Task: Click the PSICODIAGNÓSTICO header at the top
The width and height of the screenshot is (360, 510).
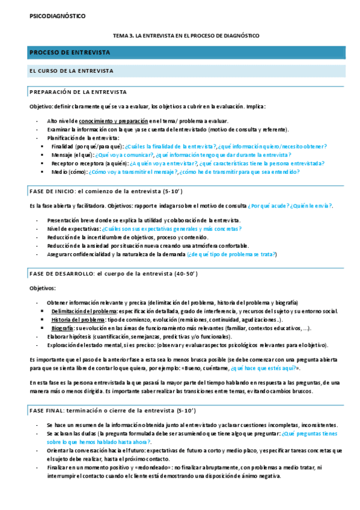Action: point(57,16)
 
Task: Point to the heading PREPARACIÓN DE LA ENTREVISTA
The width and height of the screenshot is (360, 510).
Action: point(78,92)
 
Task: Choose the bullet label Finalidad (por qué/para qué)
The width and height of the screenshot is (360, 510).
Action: point(87,146)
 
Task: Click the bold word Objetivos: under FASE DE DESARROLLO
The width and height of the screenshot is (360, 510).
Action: point(42,288)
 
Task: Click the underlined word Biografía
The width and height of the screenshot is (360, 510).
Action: point(63,328)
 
